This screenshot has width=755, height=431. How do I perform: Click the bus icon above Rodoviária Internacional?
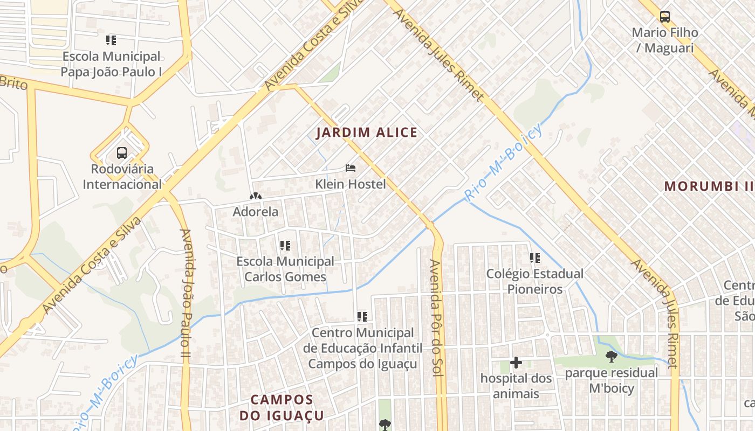(122, 152)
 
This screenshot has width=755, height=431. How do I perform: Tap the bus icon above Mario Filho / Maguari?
(665, 17)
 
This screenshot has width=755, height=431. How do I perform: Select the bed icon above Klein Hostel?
(351, 168)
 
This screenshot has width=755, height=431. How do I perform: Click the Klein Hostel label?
(351, 184)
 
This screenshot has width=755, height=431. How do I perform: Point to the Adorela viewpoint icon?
(256, 197)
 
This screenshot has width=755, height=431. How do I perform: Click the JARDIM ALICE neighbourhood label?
(367, 133)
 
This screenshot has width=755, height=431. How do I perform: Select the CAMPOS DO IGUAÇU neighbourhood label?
(282, 408)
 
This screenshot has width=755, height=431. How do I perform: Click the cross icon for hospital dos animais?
(516, 363)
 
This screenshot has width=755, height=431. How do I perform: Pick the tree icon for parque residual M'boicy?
(611, 356)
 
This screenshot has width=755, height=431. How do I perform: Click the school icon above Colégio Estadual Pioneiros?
(534, 258)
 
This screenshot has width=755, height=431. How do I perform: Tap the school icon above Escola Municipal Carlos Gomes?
(285, 246)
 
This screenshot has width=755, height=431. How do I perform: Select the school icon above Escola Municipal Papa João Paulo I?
(111, 40)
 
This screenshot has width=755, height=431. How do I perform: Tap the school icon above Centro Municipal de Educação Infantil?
(362, 317)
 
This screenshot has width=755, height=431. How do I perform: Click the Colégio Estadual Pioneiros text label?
(534, 281)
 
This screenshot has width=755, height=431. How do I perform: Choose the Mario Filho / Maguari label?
(665, 40)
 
